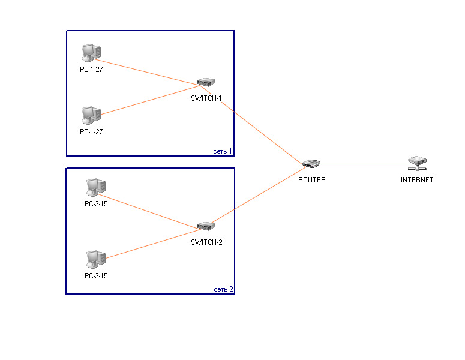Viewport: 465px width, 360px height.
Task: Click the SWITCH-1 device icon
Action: point(206,83)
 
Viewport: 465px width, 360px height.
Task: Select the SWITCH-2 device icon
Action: point(206,226)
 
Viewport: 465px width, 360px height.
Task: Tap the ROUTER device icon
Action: point(312,164)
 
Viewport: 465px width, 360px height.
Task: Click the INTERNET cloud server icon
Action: point(417,162)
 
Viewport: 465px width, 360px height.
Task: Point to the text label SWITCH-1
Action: point(206,98)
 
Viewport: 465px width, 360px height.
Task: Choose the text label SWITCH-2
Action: point(206,242)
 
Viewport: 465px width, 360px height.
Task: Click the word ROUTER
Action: point(312,179)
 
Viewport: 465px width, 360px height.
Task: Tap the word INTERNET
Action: point(417,179)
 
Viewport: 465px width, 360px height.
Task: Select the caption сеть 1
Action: point(223,151)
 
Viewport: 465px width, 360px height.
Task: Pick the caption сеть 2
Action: point(224,289)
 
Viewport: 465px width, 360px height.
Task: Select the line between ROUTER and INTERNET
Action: point(366,167)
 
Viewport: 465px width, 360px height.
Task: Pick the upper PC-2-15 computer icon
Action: point(95,188)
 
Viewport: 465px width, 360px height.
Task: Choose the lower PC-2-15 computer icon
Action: point(95,259)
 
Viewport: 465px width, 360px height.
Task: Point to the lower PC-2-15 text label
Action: point(96,276)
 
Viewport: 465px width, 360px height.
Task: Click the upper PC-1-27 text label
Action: point(91,70)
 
